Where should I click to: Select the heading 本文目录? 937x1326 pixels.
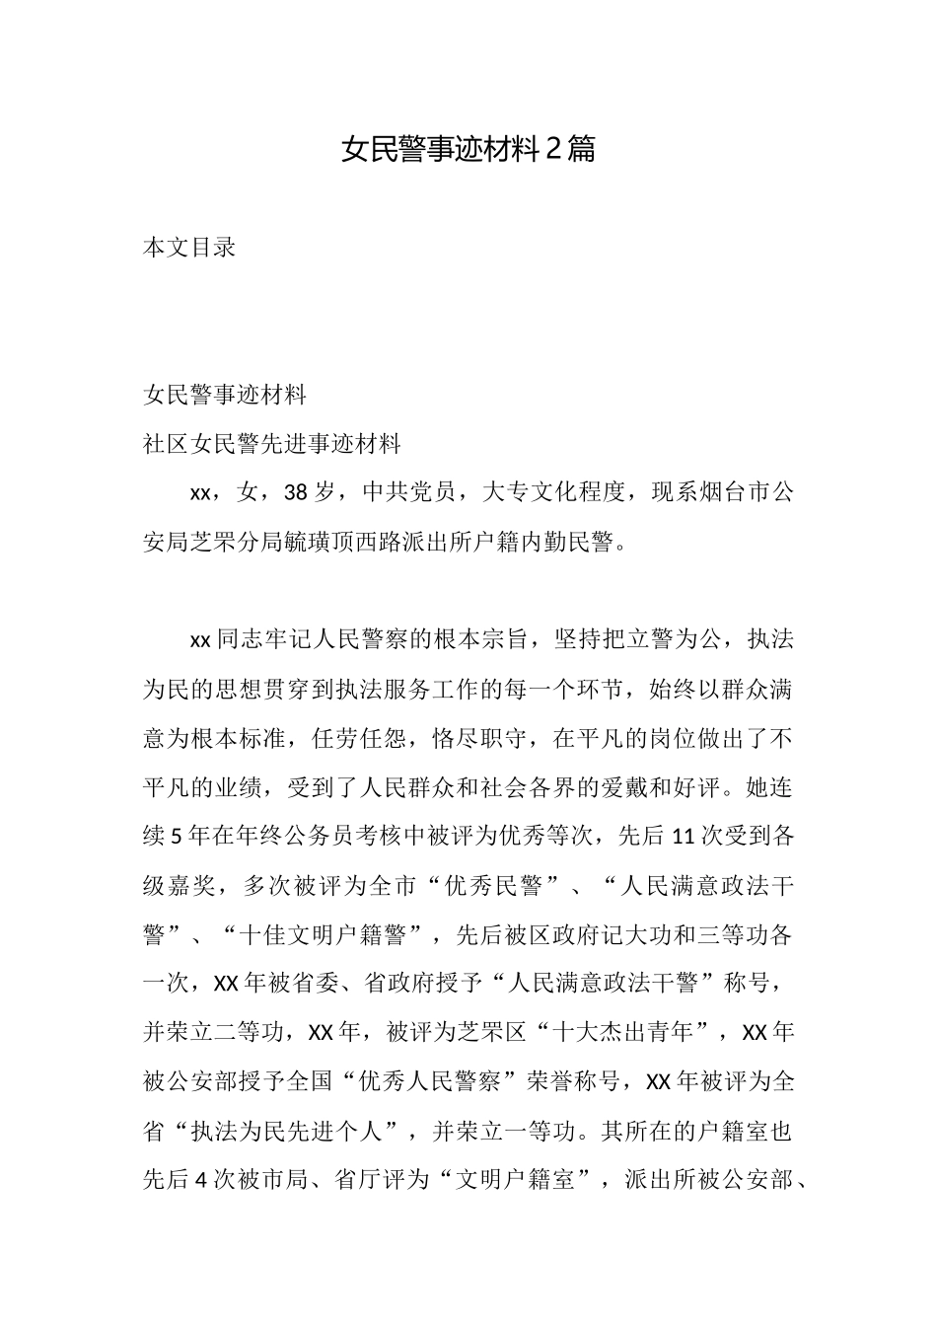[x=189, y=248]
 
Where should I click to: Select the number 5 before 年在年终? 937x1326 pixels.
[x=177, y=837]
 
